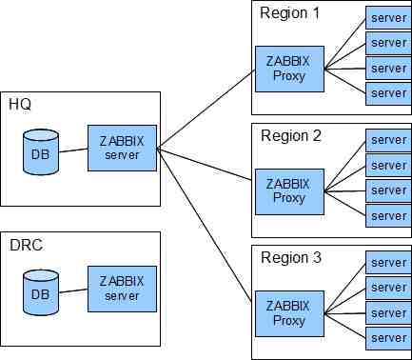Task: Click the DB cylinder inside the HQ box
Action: (x=41, y=152)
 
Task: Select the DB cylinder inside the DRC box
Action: (x=41, y=292)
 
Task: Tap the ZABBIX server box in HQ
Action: (x=122, y=149)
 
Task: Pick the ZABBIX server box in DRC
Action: (x=122, y=289)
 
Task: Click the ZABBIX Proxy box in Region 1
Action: (x=289, y=69)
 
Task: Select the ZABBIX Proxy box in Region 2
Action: (x=289, y=191)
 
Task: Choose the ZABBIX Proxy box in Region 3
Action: (x=289, y=313)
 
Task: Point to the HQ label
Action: (x=20, y=104)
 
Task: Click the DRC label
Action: (x=26, y=245)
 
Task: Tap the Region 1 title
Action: (x=289, y=13)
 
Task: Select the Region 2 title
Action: (x=291, y=136)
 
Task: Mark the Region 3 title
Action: (x=291, y=257)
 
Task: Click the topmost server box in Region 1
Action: (x=389, y=18)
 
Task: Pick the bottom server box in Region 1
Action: (x=389, y=93)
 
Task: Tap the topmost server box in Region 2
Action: (x=389, y=140)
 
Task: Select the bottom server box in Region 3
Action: (x=389, y=338)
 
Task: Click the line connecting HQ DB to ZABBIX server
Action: (x=73, y=150)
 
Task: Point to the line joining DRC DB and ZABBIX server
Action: (x=73, y=290)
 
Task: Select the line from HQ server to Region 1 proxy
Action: (x=206, y=109)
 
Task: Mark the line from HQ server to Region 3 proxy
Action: (x=205, y=225)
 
